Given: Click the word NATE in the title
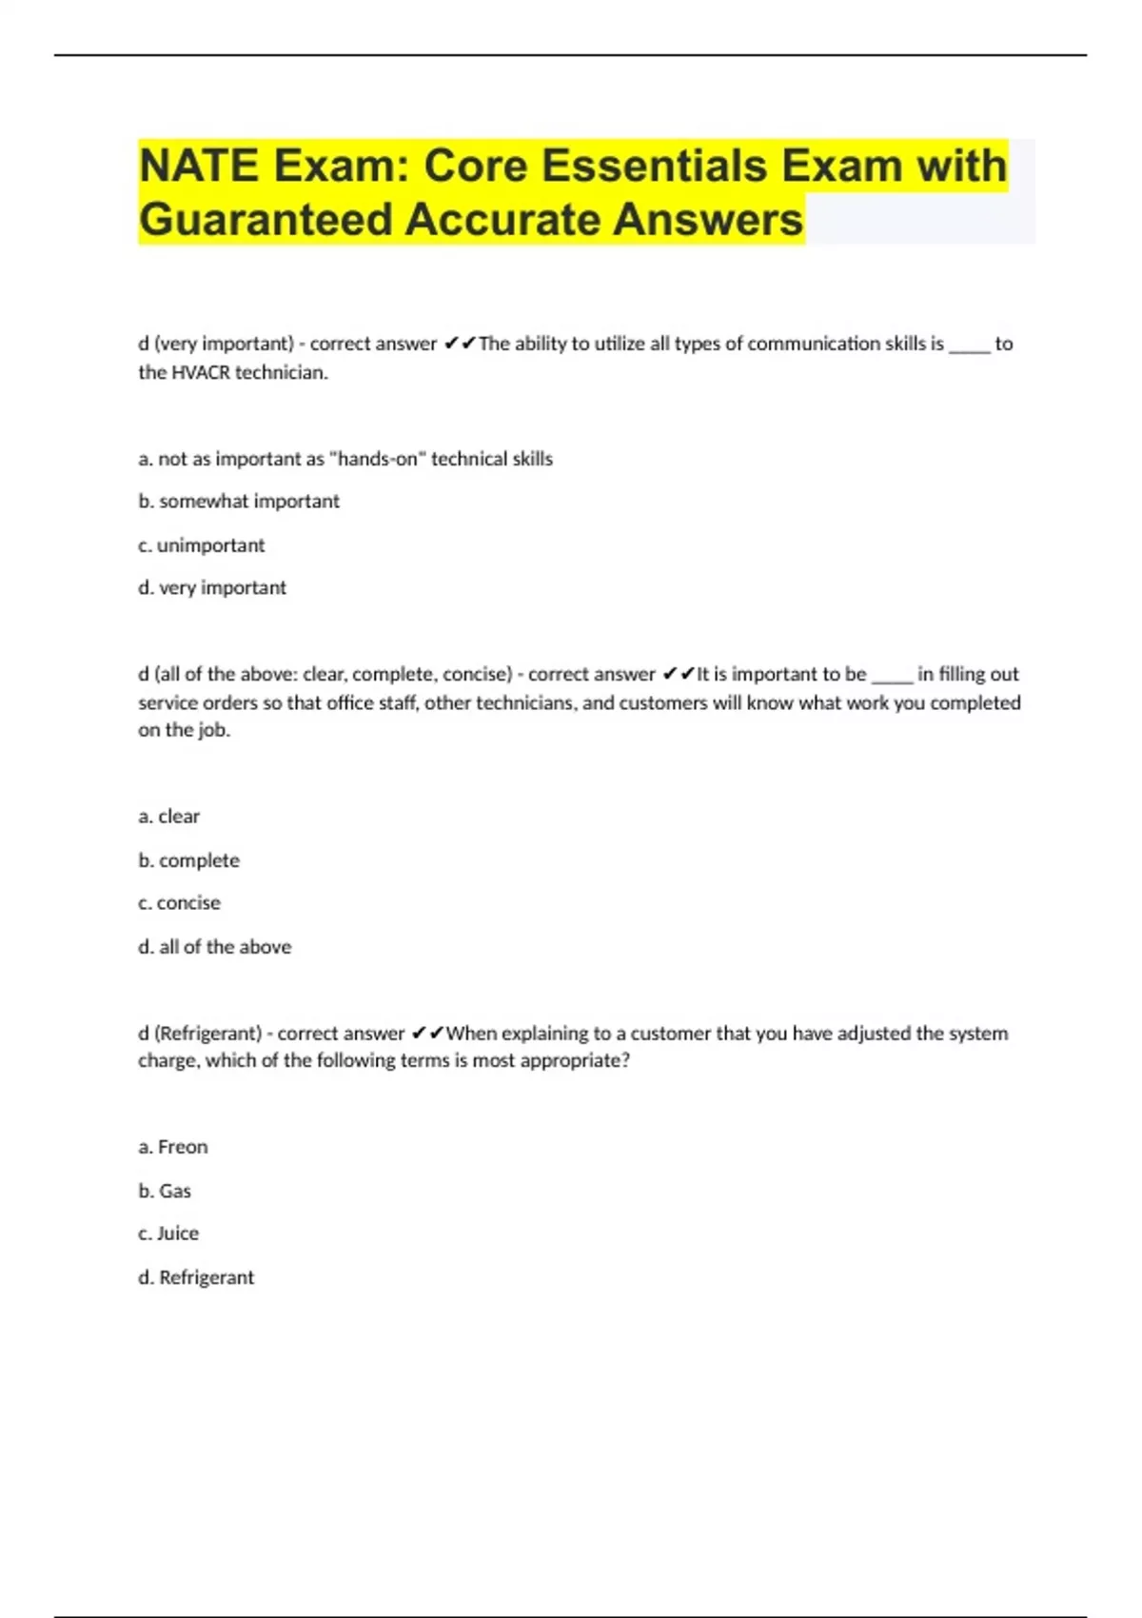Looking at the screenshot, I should pyautogui.click(x=198, y=166).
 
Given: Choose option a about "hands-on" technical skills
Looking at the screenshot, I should pyautogui.click(x=345, y=459).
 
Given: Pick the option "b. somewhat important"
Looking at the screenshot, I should pyautogui.click(x=239, y=502).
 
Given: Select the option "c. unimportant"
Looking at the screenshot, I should pyautogui.click(x=202, y=545).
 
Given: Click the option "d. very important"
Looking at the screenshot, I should pyautogui.click(x=212, y=588).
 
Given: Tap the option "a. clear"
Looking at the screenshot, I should pyautogui.click(x=169, y=817).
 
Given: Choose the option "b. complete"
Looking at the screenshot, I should pyautogui.click(x=189, y=860).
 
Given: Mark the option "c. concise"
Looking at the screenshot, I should pyautogui.click(x=180, y=903).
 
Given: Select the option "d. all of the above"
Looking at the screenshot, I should pyautogui.click(x=215, y=947).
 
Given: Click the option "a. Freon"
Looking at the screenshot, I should pyautogui.click(x=173, y=1147).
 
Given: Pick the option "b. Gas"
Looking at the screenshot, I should pyautogui.click(x=165, y=1191).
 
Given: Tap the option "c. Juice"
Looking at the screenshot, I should pyautogui.click(x=168, y=1233).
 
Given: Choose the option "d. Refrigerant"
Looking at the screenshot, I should pyautogui.click(x=196, y=1277).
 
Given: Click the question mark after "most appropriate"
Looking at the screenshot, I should pyautogui.click(x=624, y=1061).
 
